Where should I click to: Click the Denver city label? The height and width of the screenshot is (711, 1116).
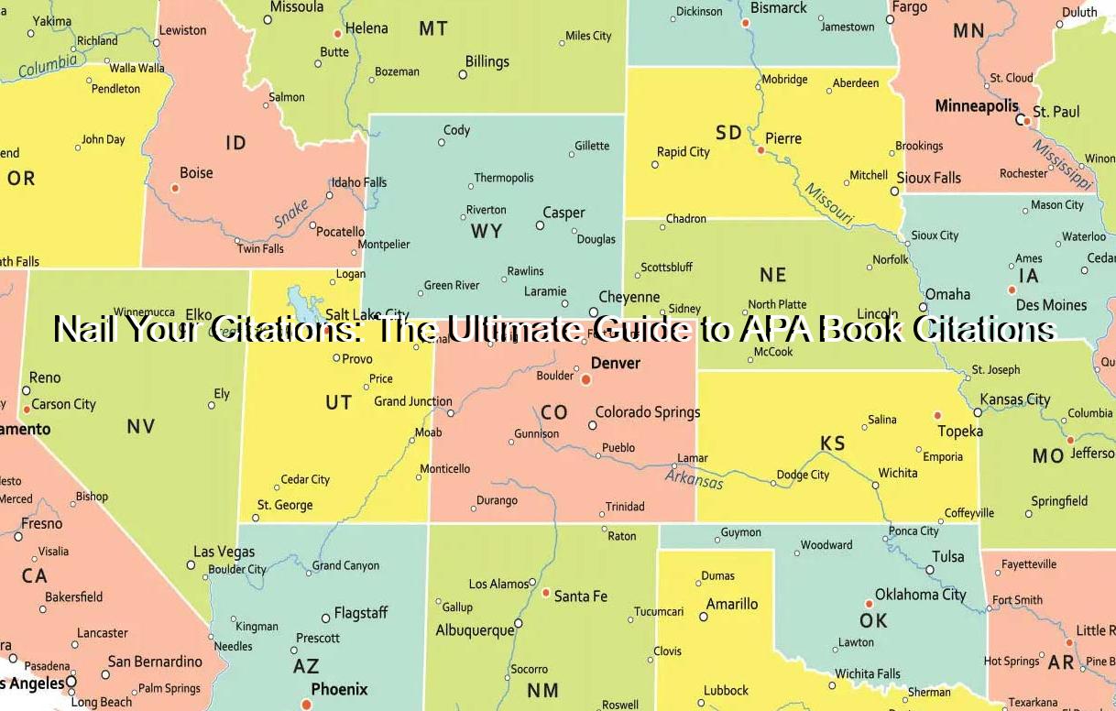tap(615, 363)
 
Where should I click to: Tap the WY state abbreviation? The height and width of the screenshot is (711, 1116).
tap(487, 231)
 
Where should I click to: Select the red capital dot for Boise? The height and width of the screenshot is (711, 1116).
tap(175, 188)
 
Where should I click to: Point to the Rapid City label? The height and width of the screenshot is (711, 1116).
tap(684, 152)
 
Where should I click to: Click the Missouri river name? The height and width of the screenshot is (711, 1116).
tap(829, 204)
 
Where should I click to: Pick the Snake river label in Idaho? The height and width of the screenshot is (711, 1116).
tap(291, 214)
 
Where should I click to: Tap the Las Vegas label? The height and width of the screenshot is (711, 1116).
tap(224, 552)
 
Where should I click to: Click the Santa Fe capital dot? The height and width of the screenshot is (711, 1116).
tap(546, 593)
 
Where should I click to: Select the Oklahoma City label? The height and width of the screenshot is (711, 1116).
tap(920, 594)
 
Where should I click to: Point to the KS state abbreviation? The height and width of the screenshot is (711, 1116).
tap(833, 443)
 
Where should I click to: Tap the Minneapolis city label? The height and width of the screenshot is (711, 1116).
tap(977, 106)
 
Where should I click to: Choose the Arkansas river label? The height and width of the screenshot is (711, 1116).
tap(694, 478)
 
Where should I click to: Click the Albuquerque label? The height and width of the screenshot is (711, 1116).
tap(475, 630)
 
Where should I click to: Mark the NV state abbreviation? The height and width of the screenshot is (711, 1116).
tap(141, 426)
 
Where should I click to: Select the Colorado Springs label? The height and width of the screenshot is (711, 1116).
tap(648, 412)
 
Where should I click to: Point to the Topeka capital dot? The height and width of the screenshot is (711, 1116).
tap(937, 415)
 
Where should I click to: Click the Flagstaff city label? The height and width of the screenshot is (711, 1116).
tap(361, 612)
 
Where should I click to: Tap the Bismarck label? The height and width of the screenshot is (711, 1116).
tap(779, 8)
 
